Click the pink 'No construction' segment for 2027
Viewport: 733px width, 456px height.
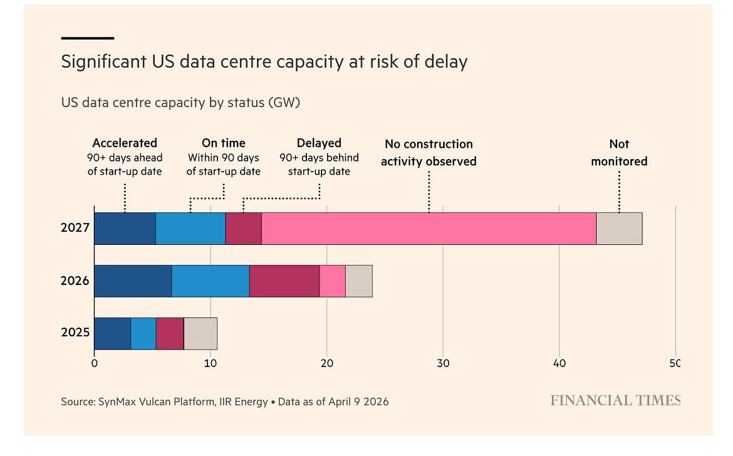point(429,229)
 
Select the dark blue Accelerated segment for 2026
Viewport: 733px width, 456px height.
point(133,281)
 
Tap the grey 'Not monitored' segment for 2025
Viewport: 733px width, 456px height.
point(200,334)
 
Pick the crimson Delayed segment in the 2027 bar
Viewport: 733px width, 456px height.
point(244,229)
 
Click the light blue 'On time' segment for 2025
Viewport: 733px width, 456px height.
point(143,334)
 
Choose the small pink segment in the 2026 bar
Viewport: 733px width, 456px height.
point(333,281)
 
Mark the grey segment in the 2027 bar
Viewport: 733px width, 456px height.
point(620,229)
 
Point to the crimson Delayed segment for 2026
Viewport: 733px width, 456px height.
point(284,281)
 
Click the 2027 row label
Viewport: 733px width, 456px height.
point(75,227)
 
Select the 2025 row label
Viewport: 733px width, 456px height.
point(75,332)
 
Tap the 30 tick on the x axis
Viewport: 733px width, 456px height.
point(443,363)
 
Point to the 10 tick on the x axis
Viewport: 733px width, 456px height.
point(211,363)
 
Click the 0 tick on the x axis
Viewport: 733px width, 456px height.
point(95,363)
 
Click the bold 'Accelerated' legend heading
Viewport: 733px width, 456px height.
point(125,143)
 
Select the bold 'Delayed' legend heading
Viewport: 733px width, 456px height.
point(320,143)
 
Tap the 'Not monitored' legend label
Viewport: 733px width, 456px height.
point(619,152)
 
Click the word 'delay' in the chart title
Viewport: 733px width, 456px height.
point(446,61)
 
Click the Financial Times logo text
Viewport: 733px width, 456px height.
point(615,400)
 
